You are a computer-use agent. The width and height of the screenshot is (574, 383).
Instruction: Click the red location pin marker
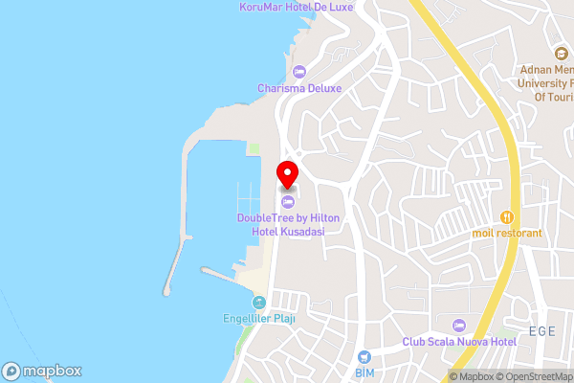pos(287,174)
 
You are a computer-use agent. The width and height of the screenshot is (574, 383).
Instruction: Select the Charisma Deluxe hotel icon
pos(298,70)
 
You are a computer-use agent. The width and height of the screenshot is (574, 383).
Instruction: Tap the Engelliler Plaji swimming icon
pos(257,304)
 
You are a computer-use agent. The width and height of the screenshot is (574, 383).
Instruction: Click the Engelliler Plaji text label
pos(257,320)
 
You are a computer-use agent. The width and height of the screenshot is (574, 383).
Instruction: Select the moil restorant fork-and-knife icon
pos(507,217)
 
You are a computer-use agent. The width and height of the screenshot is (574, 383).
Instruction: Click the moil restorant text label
pos(507,233)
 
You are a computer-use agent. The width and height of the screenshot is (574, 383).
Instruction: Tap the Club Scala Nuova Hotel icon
pos(459,326)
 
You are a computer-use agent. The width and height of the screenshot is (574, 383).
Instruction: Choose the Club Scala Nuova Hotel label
pos(459,342)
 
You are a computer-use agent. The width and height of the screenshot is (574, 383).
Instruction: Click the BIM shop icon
pos(364,355)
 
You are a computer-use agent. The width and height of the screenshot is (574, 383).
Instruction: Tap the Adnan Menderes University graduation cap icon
pos(561,54)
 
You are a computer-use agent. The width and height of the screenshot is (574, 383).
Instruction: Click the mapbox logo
pos(42,371)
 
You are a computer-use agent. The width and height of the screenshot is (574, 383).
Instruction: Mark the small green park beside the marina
pos(254,147)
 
